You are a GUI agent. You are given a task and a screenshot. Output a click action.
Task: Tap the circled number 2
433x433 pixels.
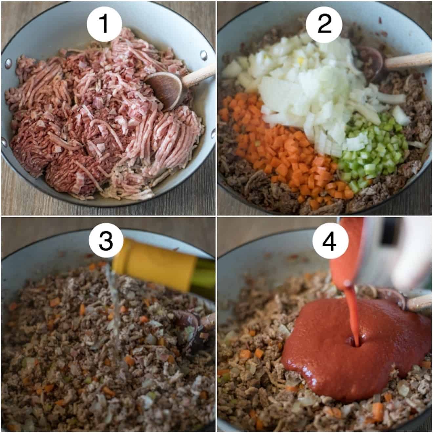[x=324, y=24]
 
